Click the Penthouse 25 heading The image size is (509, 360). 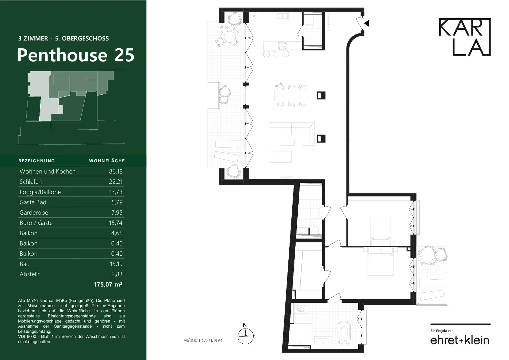click(x=76, y=55)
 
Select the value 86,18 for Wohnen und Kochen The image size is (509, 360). click(x=116, y=171)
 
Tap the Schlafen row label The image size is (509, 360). click(x=30, y=182)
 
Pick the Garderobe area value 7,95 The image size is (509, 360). click(x=117, y=213)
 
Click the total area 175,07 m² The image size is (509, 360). click(x=108, y=284)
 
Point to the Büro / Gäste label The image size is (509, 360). click(x=36, y=223)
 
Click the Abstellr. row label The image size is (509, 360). click(x=30, y=274)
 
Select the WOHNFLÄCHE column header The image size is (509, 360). click(x=107, y=161)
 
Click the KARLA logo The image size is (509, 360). click(x=465, y=37)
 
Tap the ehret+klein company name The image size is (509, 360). click(x=460, y=340)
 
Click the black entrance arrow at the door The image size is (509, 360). click(x=367, y=23)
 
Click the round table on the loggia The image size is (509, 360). click(x=230, y=37)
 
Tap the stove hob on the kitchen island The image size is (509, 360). click(x=283, y=46)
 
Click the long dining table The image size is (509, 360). click(x=292, y=96)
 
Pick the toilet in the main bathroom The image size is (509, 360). click(x=300, y=309)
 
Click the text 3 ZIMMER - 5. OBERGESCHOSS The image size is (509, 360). click(x=63, y=38)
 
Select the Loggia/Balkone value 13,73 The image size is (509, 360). click(x=116, y=192)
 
